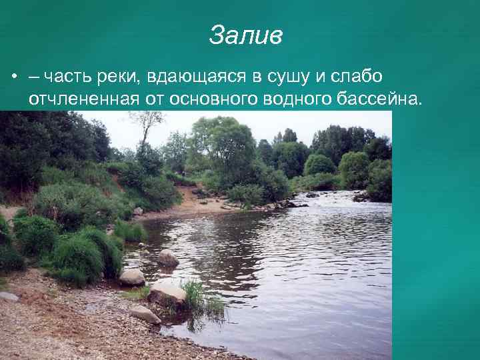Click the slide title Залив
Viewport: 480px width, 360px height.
click(x=245, y=35)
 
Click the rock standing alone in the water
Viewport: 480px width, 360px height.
click(x=167, y=257)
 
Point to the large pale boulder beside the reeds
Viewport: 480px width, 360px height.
click(x=167, y=293)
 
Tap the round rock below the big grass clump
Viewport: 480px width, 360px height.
click(x=132, y=277)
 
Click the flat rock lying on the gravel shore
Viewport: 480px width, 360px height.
click(x=145, y=313)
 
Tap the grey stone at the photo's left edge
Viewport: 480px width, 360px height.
click(x=8, y=296)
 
